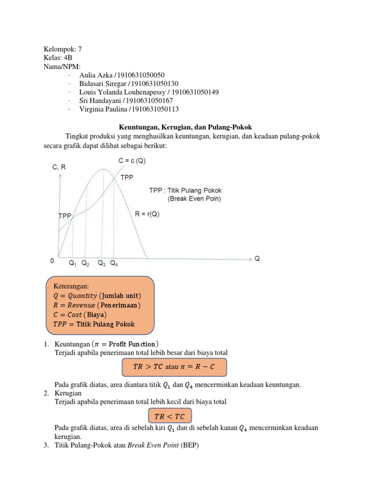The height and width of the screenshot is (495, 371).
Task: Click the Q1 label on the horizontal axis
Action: (x=72, y=263)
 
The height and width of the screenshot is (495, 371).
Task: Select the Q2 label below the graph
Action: (x=85, y=263)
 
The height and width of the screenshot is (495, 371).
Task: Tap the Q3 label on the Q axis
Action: (x=101, y=263)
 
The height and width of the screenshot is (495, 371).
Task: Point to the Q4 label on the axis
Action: (x=114, y=263)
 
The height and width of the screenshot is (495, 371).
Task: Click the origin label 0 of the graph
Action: (x=52, y=261)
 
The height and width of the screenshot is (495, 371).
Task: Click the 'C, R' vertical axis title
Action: (x=59, y=167)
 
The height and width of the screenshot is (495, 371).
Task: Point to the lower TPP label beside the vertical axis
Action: (x=65, y=216)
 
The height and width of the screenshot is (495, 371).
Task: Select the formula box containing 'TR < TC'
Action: (x=169, y=416)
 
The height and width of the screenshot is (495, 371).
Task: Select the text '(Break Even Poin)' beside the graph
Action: (x=195, y=198)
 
